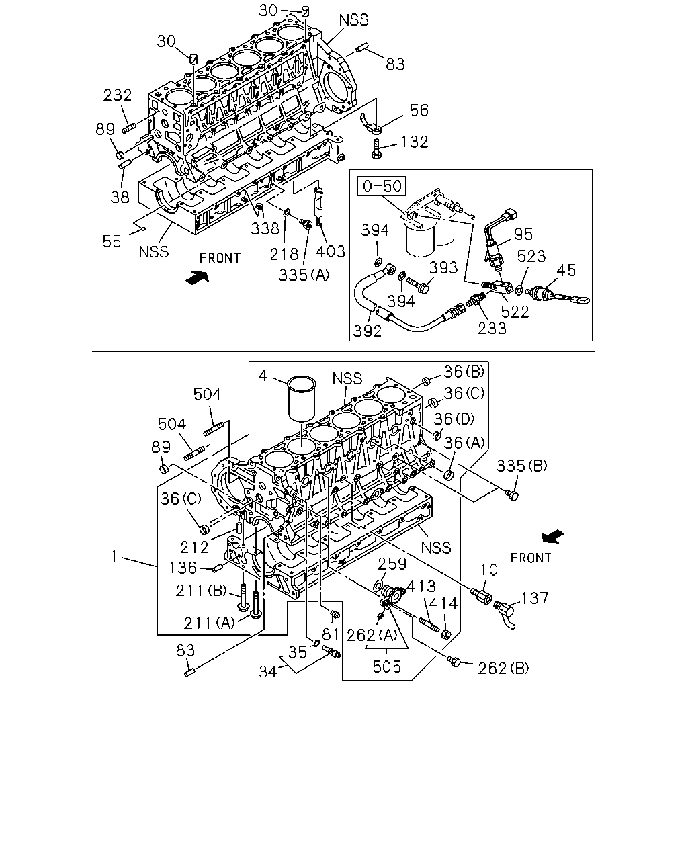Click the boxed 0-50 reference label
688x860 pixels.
click(382, 186)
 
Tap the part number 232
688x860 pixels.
click(117, 95)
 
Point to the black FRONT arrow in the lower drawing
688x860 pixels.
click(553, 537)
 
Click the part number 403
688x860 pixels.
click(330, 251)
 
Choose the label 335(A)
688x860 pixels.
click(304, 275)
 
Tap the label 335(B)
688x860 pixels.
click(521, 466)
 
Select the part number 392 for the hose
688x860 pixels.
click(368, 331)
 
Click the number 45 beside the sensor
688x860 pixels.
click(566, 270)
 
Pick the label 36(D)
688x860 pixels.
click(454, 419)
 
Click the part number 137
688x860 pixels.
click(535, 598)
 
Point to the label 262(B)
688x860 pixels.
click(503, 668)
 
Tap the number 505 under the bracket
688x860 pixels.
click(386, 666)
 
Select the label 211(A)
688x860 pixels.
click(209, 623)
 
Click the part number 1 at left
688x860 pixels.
click(114, 556)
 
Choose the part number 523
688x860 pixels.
click(531, 256)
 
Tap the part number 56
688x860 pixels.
click(419, 110)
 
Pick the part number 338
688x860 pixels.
click(265, 228)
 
